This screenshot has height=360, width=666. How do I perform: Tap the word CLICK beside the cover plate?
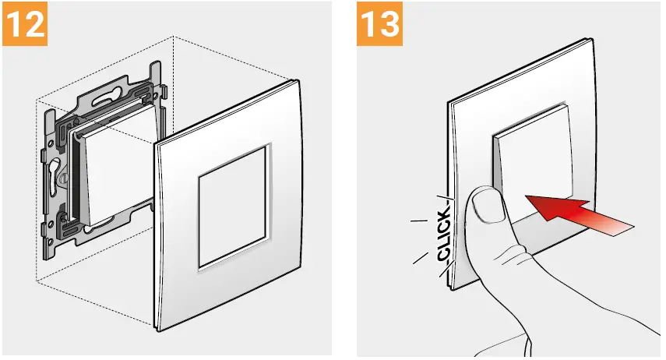pyautogui.click(x=443, y=235)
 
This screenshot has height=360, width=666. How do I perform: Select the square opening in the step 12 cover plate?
pyautogui.click(x=231, y=220)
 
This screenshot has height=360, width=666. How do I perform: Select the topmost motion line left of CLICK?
pyautogui.click(x=420, y=222)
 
